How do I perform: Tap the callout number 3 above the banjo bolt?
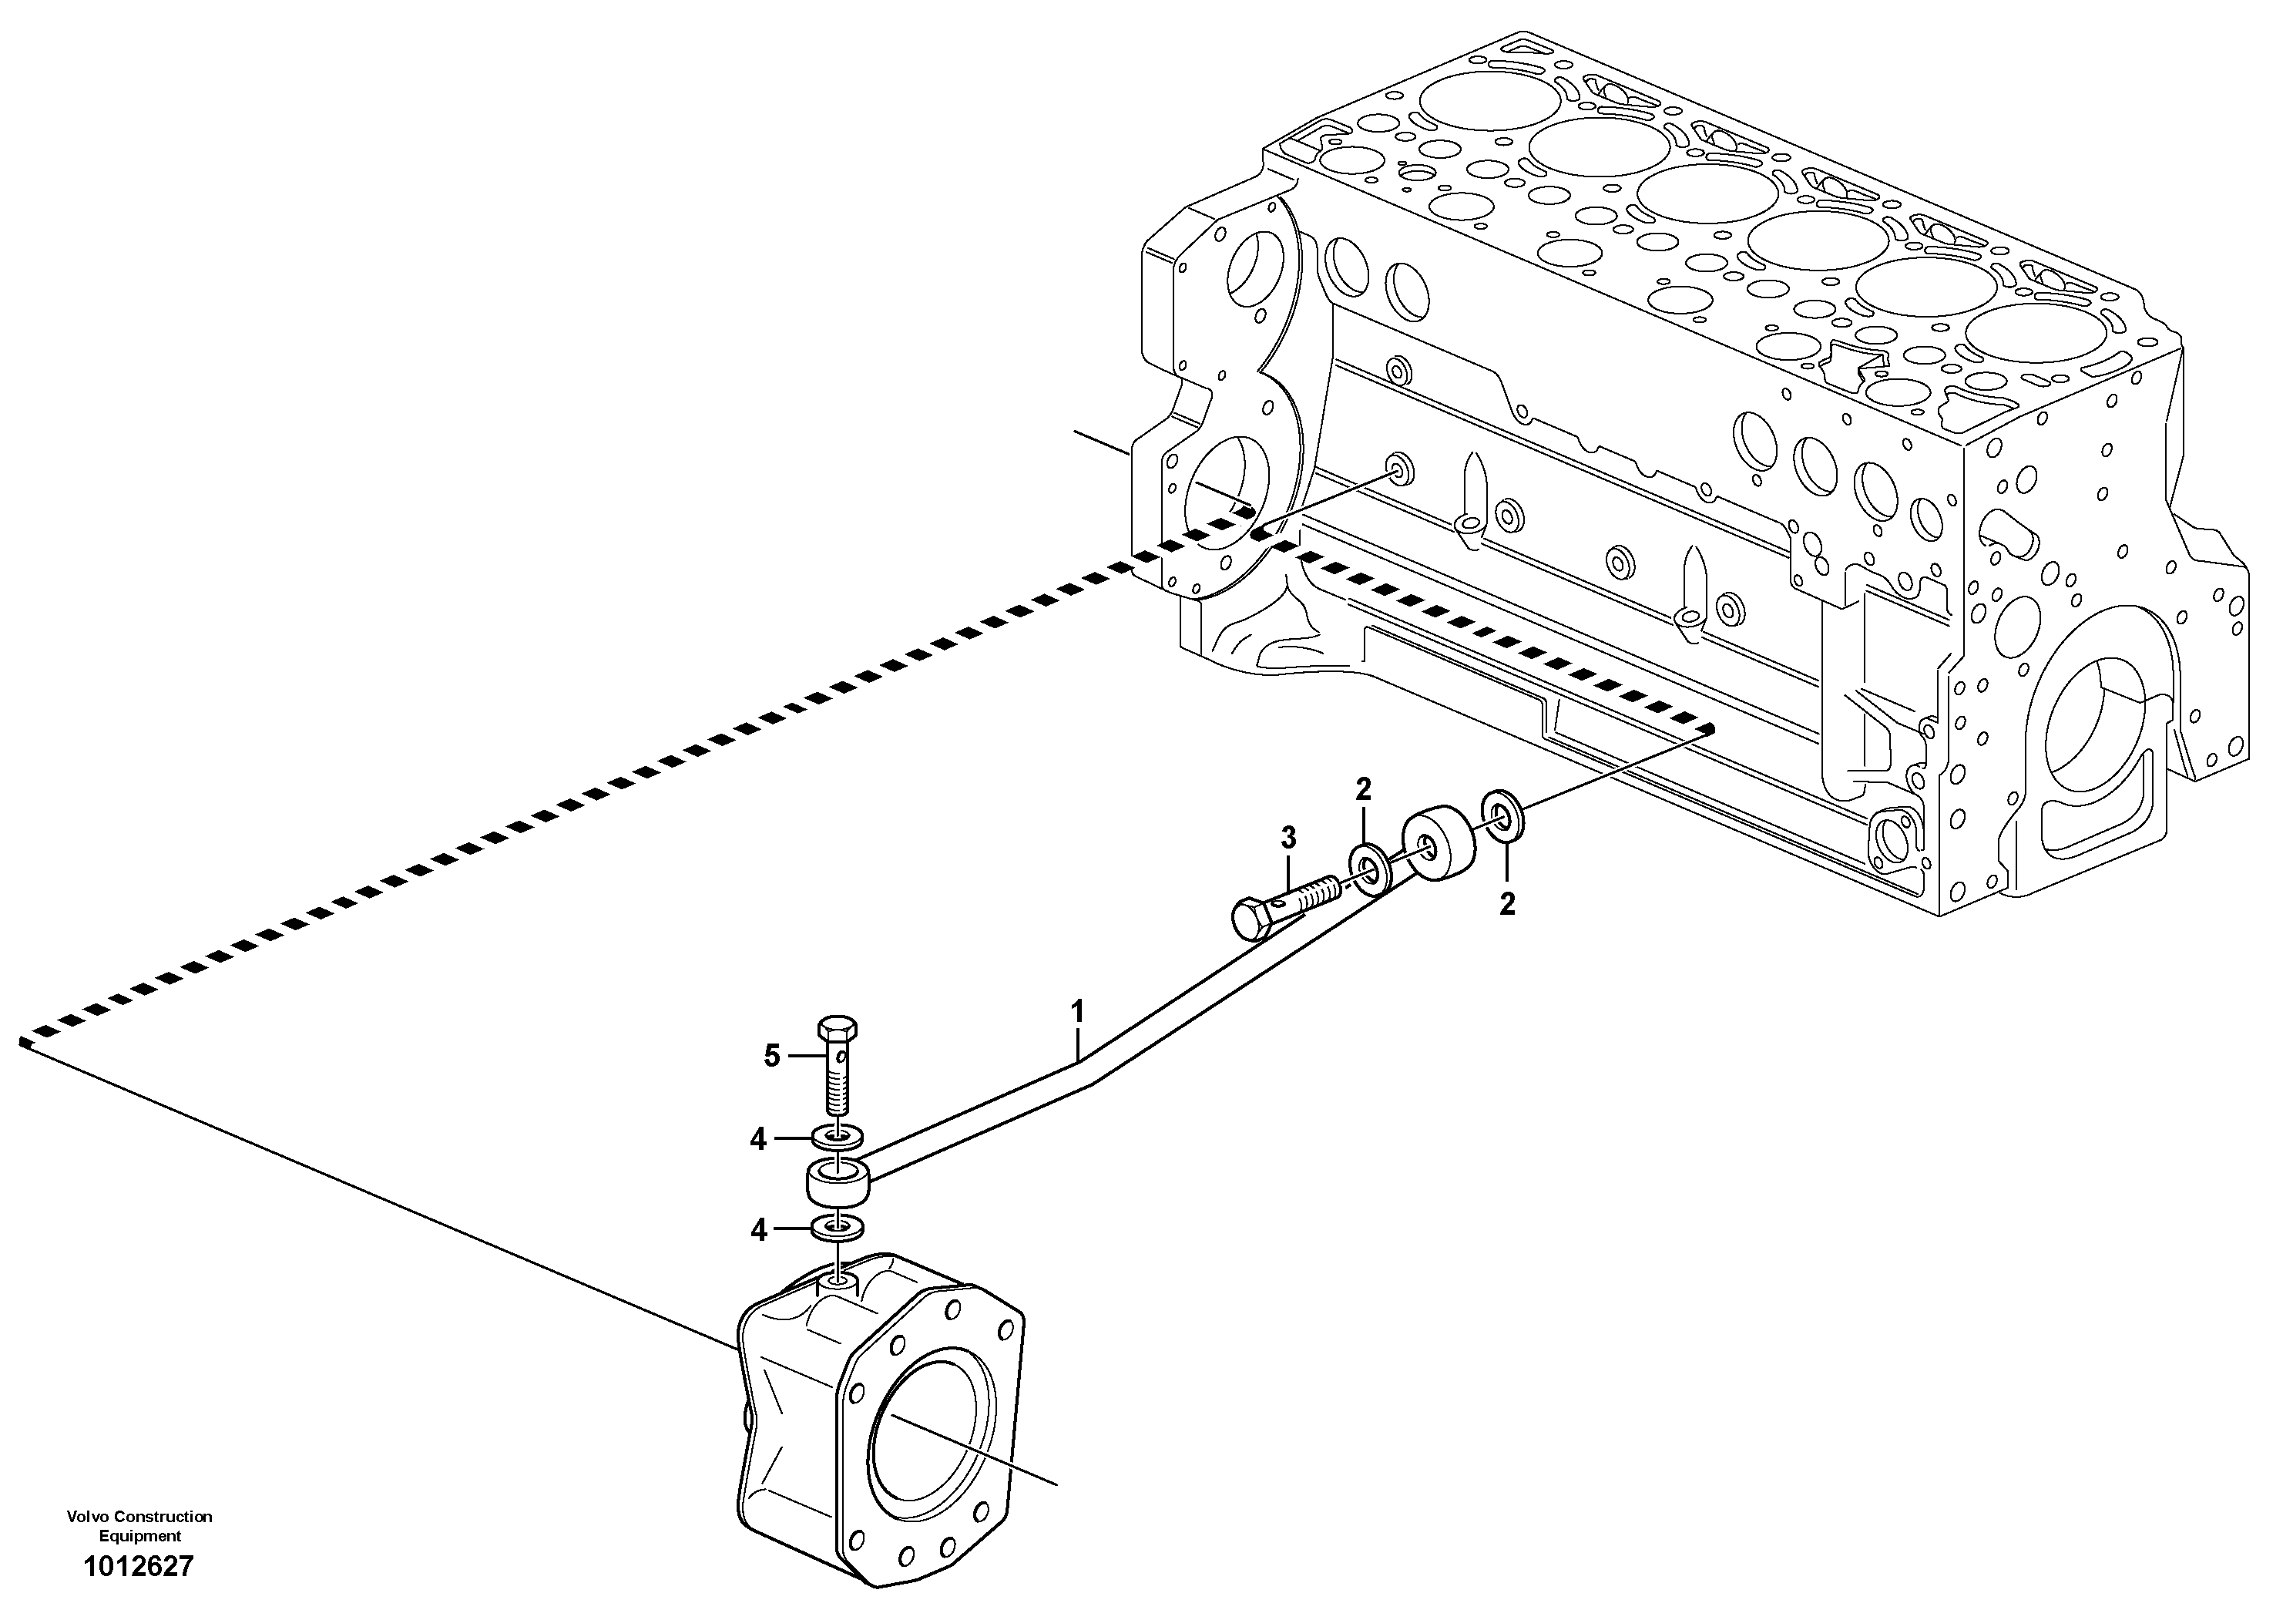tap(1288, 838)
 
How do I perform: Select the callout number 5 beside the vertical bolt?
tap(771, 1056)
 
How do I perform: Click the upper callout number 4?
tap(758, 1138)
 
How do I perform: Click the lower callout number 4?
tap(758, 1231)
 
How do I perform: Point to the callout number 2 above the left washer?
tap(1363, 790)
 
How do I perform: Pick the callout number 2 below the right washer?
tap(1507, 904)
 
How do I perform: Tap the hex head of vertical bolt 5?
tap(837, 1029)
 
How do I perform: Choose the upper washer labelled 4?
tap(837, 1138)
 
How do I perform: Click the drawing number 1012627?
tap(139, 1567)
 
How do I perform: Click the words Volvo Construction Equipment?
tap(139, 1526)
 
